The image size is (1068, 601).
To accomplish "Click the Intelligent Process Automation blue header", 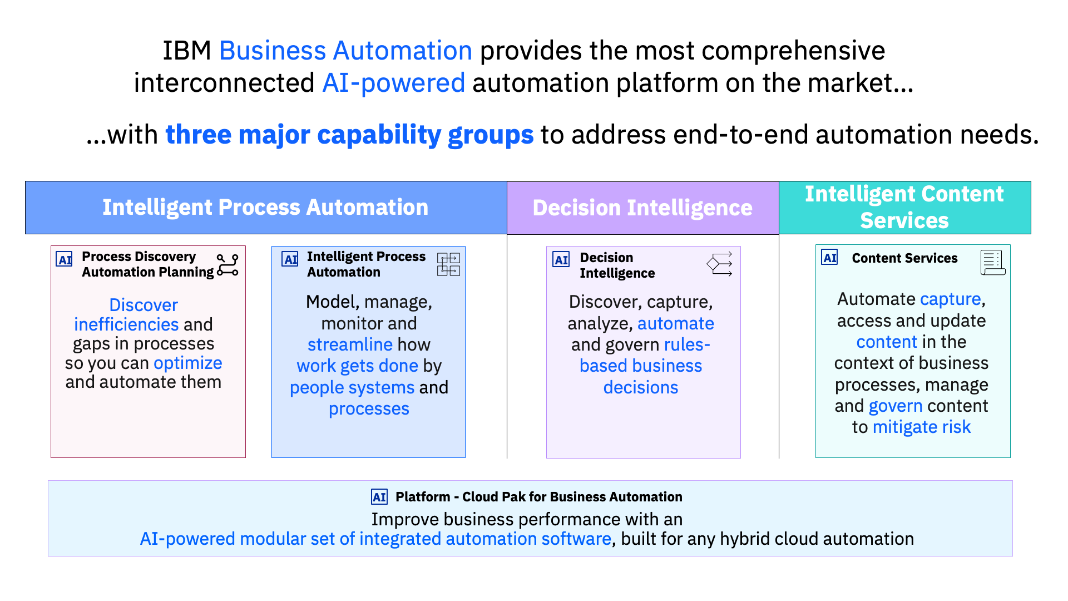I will (265, 207).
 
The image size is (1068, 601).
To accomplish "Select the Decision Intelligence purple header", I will (642, 208).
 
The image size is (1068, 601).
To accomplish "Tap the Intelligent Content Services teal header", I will (904, 207).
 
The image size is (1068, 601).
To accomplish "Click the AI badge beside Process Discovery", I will (65, 259).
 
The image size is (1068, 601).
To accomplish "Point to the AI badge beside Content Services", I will (829, 258).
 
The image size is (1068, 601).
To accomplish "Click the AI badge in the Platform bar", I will (379, 497).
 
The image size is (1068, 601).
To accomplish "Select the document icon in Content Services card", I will (992, 263).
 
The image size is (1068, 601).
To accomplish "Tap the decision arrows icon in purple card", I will (720, 264).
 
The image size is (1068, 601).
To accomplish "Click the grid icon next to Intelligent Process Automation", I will (448, 264).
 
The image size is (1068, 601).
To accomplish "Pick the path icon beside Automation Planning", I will (228, 265).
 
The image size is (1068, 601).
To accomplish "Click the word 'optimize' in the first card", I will (188, 363).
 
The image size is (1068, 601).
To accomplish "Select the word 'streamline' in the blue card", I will (350, 344).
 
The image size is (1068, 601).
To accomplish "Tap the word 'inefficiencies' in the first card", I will (126, 324).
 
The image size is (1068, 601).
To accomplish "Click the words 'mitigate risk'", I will (921, 427).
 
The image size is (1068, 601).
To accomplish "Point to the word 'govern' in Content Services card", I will (896, 406).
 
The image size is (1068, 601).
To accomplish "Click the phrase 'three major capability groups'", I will (349, 135).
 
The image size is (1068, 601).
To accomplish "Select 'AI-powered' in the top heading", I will (393, 83).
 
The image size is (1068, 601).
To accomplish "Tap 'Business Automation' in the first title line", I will (345, 51).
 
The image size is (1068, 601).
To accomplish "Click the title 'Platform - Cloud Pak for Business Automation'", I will (538, 497).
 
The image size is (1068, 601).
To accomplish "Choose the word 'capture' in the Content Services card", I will (950, 299).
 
